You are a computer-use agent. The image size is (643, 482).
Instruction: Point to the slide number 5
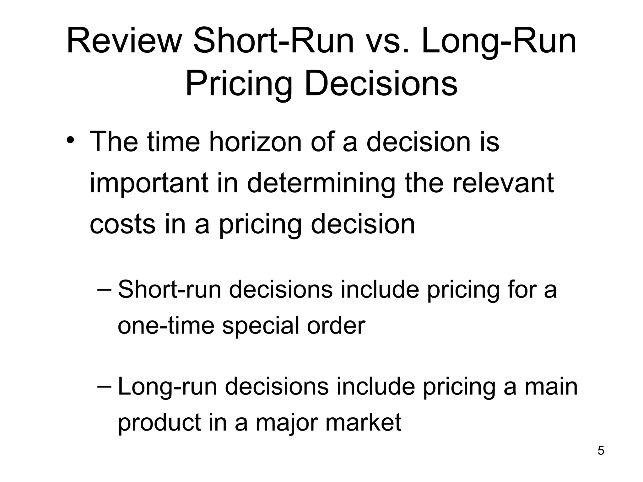601,451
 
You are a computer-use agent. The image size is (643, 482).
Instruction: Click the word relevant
503,183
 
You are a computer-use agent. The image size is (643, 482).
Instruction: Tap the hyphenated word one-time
166,325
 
